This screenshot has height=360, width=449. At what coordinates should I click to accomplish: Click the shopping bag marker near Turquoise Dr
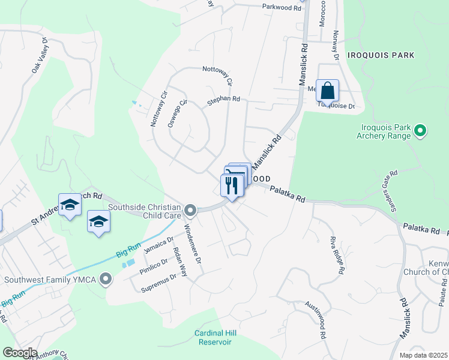click(327, 91)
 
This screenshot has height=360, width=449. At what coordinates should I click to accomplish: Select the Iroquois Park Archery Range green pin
click(420, 130)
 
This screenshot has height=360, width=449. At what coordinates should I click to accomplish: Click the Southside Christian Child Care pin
click(190, 210)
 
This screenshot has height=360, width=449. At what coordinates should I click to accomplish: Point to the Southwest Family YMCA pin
click(106, 279)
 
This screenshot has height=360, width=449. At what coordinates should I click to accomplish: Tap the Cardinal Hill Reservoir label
click(213, 337)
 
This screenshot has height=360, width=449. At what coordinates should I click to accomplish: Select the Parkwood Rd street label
click(281, 7)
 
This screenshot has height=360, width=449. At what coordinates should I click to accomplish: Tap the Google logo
click(19, 353)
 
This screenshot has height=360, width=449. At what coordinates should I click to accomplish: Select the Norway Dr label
click(336, 46)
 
